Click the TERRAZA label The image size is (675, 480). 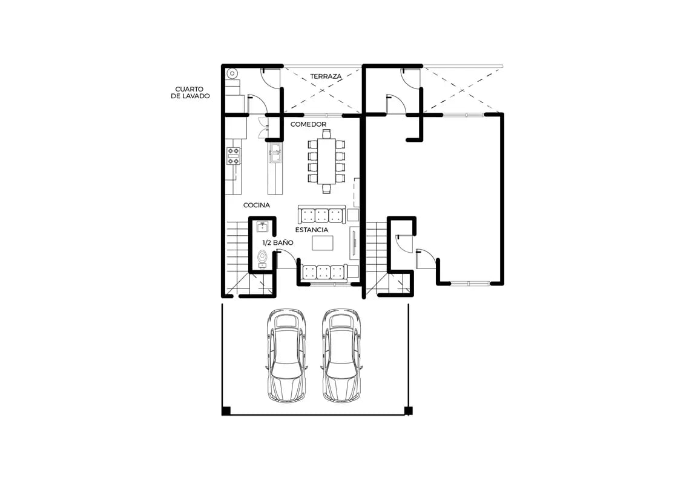326,76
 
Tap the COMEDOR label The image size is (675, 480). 308,124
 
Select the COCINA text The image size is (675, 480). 257,205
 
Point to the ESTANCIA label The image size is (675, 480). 312,230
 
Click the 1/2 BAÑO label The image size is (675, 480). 278,242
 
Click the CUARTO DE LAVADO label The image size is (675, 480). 190,93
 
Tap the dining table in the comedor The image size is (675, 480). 326,160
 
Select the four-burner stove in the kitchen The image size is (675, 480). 234,156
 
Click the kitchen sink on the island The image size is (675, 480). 275,153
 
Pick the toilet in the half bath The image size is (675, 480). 262,257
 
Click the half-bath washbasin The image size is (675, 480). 263,226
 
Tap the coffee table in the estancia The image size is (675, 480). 323,243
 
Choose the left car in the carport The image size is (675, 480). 287,355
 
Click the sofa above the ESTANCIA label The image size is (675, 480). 321,214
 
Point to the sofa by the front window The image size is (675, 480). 323,272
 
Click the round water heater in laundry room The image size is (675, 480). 233,74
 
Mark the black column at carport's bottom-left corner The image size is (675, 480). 226,411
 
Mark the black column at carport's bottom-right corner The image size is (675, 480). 409,411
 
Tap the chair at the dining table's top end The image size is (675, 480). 326,134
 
